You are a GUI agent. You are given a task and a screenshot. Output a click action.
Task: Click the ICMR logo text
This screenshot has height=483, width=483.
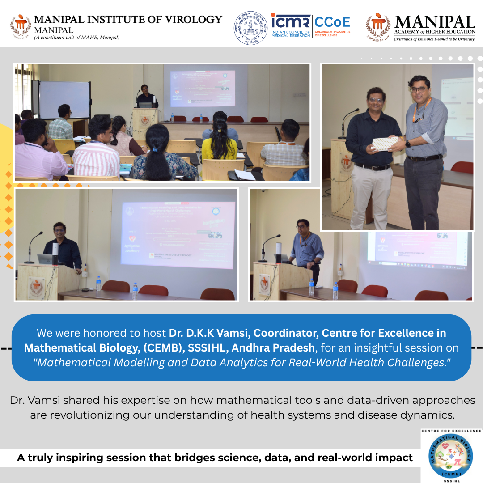(290, 21)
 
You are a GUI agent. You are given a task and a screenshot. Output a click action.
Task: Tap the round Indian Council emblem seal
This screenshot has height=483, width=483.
(250, 27)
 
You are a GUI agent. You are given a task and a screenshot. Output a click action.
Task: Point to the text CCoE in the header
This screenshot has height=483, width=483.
(332, 21)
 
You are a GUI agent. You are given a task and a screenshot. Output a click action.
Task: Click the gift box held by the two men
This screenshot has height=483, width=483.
(385, 143)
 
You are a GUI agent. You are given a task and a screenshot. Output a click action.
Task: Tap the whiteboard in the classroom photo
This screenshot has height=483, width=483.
(64, 99)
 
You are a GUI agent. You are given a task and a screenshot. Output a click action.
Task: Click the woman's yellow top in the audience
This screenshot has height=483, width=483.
(218, 150)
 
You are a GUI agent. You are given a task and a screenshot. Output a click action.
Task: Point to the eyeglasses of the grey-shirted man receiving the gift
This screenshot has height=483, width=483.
(419, 89)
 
